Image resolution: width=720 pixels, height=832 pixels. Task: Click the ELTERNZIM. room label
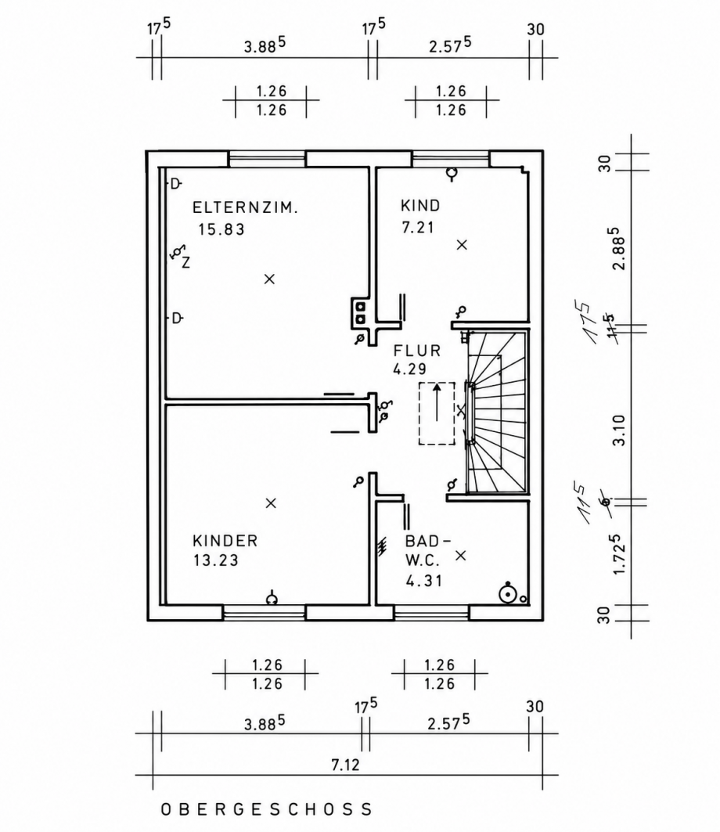pyautogui.click(x=245, y=207)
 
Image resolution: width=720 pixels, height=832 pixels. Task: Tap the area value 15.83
pyautogui.click(x=221, y=229)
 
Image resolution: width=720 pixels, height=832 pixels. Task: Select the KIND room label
pyautogui.click(x=420, y=205)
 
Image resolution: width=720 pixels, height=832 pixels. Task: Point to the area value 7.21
pyautogui.click(x=418, y=227)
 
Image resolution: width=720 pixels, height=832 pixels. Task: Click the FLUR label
pyautogui.click(x=417, y=351)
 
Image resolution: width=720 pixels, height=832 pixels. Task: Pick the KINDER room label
pyautogui.click(x=225, y=541)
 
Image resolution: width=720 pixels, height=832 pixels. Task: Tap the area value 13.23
pyautogui.click(x=215, y=560)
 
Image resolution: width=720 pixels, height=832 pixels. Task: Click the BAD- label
pyautogui.click(x=427, y=541)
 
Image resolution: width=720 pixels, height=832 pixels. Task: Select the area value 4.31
pyautogui.click(x=424, y=581)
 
